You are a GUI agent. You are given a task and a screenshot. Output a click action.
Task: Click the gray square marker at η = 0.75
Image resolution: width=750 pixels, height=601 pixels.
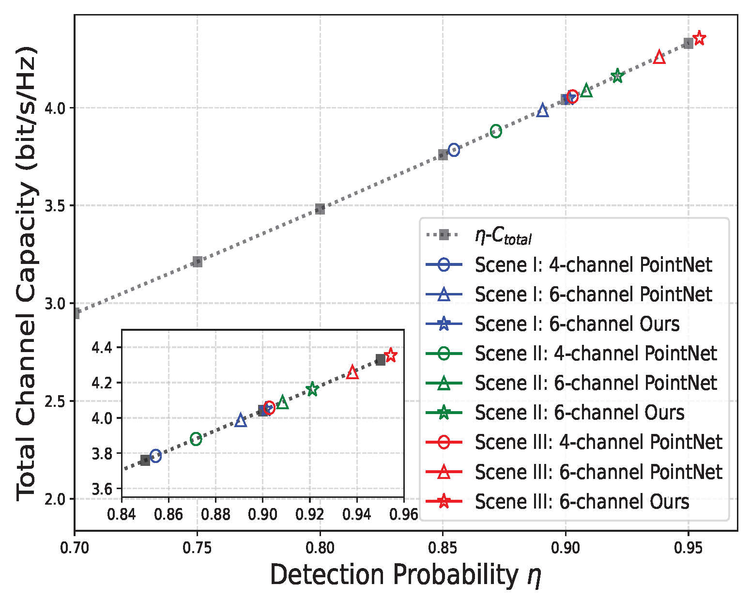click(x=197, y=262)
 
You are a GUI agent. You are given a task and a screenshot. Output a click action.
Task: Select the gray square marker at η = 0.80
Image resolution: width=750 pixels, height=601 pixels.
click(x=320, y=209)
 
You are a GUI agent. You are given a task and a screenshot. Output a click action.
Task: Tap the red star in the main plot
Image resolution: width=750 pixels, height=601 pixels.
click(x=699, y=38)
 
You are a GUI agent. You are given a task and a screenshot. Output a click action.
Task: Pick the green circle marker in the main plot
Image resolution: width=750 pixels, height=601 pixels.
click(x=496, y=131)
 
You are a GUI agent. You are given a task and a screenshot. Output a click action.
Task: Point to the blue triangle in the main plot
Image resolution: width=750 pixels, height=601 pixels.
click(x=543, y=111)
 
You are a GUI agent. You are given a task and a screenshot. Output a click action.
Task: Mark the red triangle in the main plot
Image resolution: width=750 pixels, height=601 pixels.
click(x=659, y=57)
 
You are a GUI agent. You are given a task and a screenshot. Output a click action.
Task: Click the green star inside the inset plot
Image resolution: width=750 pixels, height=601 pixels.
click(x=312, y=389)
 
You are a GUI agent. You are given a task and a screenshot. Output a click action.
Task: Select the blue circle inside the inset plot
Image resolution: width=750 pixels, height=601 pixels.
click(x=155, y=456)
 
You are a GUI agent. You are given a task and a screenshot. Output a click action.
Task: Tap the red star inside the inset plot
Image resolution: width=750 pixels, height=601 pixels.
click(x=390, y=355)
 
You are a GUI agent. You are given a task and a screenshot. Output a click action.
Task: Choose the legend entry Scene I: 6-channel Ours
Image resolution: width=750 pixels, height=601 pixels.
click(x=577, y=324)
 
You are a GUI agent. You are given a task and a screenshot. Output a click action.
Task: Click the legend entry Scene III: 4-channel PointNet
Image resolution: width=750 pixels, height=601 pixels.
click(x=598, y=442)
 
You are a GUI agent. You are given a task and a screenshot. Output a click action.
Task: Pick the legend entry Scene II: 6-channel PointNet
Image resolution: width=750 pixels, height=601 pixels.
click(x=595, y=383)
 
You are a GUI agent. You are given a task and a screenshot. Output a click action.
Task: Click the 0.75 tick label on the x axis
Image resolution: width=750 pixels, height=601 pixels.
click(x=197, y=548)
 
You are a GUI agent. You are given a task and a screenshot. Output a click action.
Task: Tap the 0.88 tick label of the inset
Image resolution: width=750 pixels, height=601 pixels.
click(x=215, y=514)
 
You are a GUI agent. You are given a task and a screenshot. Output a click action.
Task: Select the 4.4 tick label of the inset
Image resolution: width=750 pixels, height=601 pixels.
click(x=102, y=348)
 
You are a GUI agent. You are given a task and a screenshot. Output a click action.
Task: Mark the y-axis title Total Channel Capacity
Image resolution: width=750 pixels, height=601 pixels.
click(x=27, y=274)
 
